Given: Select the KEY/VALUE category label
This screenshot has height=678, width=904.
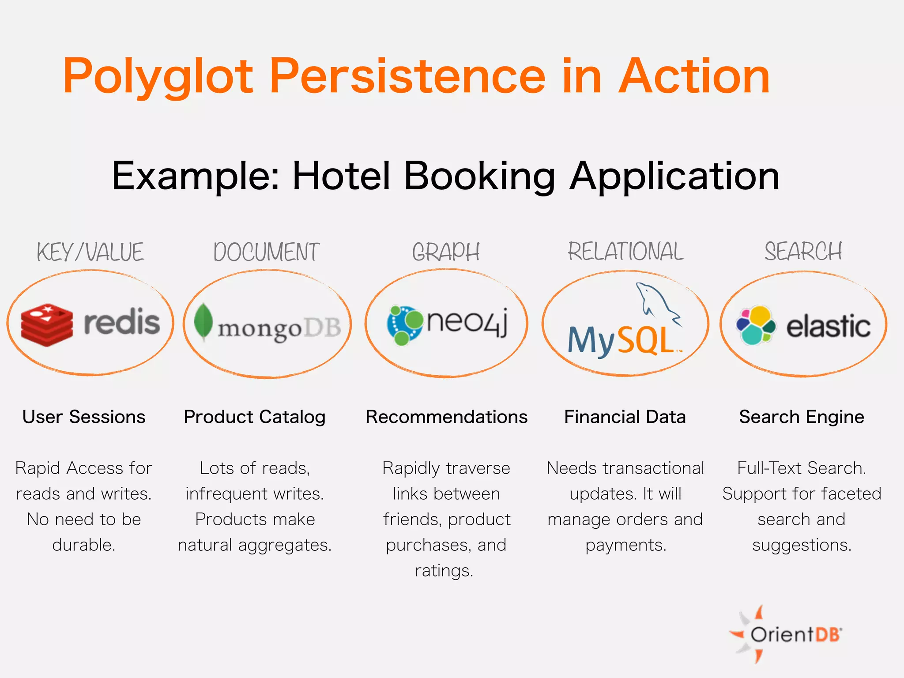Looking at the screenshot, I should pyautogui.click(x=90, y=252).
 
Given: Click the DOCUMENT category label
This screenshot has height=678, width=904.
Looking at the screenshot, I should pyautogui.click(x=266, y=252).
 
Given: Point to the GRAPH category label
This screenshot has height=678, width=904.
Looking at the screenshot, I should pyautogui.click(x=446, y=252).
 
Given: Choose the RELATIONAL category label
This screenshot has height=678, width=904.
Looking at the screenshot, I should pyautogui.click(x=625, y=251).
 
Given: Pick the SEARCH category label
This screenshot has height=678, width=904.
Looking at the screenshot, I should pyautogui.click(x=803, y=251).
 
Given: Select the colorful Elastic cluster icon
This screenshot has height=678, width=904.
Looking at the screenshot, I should pyautogui.click(x=756, y=325).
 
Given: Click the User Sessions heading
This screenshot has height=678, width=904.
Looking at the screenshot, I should pyautogui.click(x=84, y=417).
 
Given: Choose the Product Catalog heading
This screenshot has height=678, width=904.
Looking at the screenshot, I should pyautogui.click(x=255, y=417).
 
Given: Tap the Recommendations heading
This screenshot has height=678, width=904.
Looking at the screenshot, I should pyautogui.click(x=446, y=417).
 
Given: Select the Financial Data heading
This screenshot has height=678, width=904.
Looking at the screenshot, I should pyautogui.click(x=625, y=417).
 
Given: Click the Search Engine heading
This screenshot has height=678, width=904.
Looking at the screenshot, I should pyautogui.click(x=802, y=417).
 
